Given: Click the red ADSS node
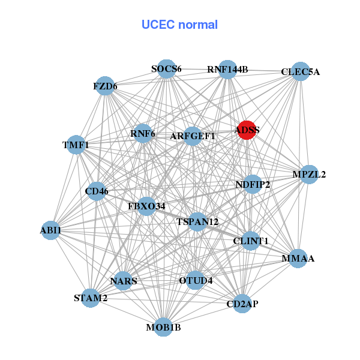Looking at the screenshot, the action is coord(247,130).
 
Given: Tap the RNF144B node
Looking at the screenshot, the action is coord(227,70).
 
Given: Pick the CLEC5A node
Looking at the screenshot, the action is coord(300,72).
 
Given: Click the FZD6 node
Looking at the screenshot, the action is coord(106,86).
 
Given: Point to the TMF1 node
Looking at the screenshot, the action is coord(76,145).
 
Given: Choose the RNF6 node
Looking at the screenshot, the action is coord(143,133).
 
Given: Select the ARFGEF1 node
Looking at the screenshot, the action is coord(193,136).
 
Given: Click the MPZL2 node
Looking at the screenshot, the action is coord(309,175).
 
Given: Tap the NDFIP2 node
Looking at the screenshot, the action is coord(253,184).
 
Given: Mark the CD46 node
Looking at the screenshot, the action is coord(97,192).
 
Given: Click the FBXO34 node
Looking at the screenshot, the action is coord(146,206).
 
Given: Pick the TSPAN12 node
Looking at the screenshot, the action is coord(197,222).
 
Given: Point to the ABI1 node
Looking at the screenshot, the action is coord(51,230).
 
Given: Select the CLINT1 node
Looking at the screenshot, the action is coord(251,241).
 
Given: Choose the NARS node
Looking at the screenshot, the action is coord(124,281).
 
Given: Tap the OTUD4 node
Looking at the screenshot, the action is coord(196,280).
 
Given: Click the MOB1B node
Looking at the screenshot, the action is coord(163,327).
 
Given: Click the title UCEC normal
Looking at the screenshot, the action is coord(179,25).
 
